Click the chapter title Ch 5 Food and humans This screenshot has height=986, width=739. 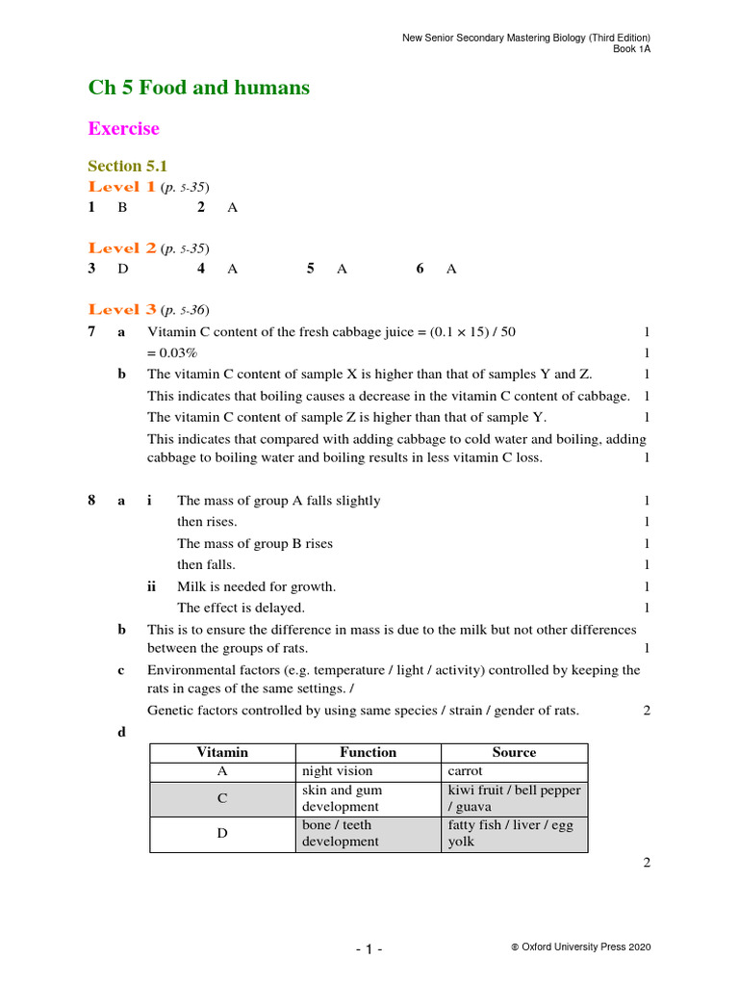[199, 88]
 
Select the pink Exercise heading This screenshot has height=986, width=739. [123, 128]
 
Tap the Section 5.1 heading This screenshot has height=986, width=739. [128, 166]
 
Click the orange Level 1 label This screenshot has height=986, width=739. [122, 187]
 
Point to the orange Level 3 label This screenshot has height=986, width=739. [122, 309]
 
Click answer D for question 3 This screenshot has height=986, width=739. [123, 269]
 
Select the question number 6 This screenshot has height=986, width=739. [420, 269]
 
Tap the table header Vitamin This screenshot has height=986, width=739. [222, 752]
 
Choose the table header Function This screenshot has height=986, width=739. [368, 752]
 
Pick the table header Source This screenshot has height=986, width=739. [514, 752]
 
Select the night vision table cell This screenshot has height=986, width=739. [337, 771]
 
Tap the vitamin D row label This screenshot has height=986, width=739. [222, 833]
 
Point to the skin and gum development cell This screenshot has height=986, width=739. [341, 797]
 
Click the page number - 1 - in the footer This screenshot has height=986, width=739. [369, 949]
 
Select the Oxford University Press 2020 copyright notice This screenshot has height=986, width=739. [581, 947]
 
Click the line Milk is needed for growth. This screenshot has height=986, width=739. [256, 586]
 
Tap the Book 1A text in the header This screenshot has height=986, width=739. [632, 49]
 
